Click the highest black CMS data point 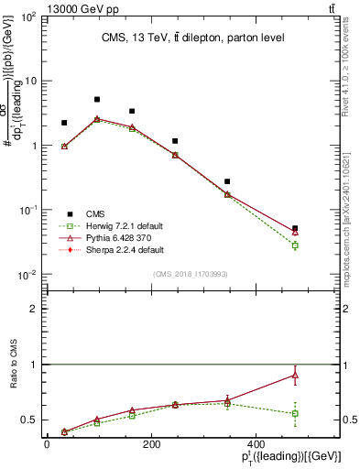click(97, 99)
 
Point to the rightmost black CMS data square click(295, 229)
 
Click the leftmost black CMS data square click(64, 122)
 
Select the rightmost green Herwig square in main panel click(295, 245)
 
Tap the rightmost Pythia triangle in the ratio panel click(295, 375)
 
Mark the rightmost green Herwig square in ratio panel click(295, 413)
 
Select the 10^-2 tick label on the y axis click(27, 276)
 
